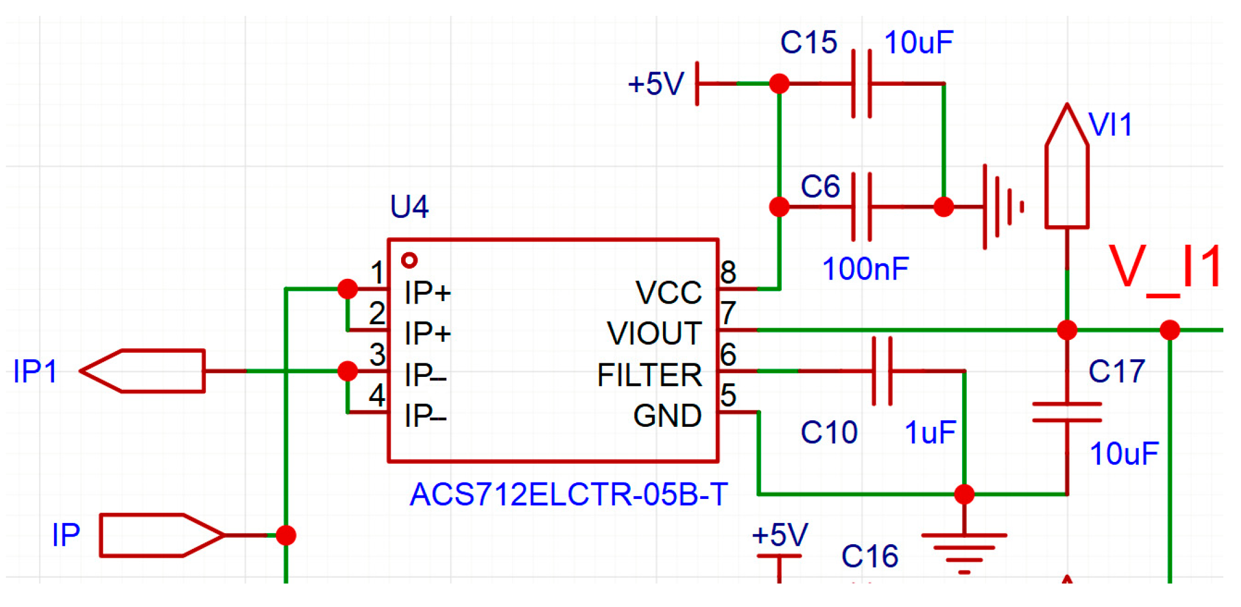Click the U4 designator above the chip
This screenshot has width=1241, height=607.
[409, 207]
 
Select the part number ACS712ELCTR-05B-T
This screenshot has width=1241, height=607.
[568, 494]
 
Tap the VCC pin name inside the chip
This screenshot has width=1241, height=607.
[668, 292]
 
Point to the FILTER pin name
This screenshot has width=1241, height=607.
[649, 375]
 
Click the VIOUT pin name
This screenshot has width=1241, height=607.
[654, 333]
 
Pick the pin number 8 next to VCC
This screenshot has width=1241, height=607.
[728, 272]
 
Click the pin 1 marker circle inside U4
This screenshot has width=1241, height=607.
[409, 260]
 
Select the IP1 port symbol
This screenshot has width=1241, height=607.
[143, 371]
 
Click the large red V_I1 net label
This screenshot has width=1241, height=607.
[1165, 268]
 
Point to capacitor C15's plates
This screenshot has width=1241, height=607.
[861, 84]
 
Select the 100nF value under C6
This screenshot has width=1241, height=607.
[865, 269]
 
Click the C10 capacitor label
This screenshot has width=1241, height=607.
[829, 433]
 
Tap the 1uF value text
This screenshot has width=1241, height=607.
[930, 433]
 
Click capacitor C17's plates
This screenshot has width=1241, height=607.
[1067, 412]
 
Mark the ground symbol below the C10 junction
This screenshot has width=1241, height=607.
[964, 549]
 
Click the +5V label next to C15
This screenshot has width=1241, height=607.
[655, 84]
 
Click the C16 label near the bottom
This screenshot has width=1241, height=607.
[869, 556]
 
